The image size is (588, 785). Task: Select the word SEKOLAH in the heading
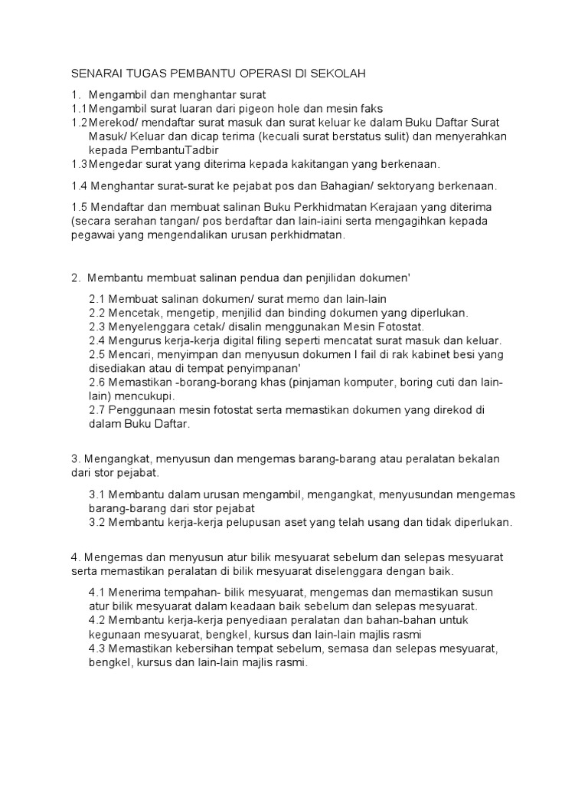[338, 74]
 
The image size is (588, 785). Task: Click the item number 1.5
[80, 208]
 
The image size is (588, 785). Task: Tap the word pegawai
[93, 235]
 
